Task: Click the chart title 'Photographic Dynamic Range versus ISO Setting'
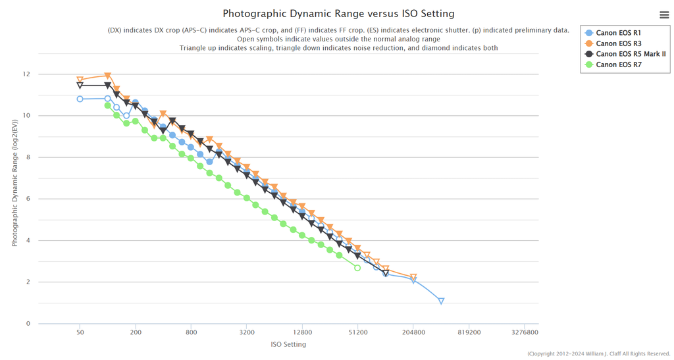[x=338, y=13]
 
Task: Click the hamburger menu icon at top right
[x=663, y=14]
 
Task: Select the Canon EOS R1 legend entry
[x=618, y=33]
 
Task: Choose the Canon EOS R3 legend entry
[x=618, y=43]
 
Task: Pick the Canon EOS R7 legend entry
[x=618, y=64]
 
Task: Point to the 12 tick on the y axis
[x=26, y=74]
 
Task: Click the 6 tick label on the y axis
[x=28, y=199]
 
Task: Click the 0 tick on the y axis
[x=28, y=324]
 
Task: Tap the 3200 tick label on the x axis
[x=247, y=333]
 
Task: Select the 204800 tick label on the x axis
[x=413, y=333]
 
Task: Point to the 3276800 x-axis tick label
[x=525, y=333]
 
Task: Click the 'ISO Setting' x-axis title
[x=288, y=344]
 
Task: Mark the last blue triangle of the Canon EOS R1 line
[x=441, y=301]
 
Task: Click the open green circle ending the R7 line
[x=357, y=268]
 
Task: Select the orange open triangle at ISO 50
[x=80, y=80]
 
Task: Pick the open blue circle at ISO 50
[x=80, y=99]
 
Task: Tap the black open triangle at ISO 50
[x=80, y=86]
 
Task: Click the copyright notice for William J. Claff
[x=598, y=354]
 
